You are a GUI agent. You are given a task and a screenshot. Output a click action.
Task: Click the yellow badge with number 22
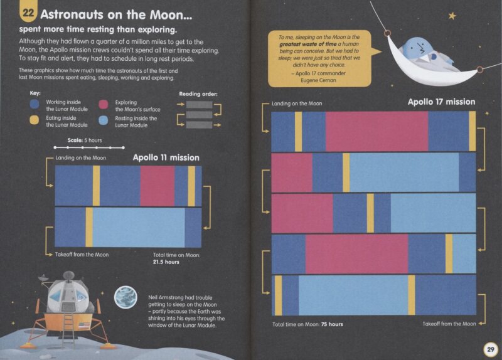click(28, 12)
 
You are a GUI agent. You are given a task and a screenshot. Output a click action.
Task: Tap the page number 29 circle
click(491, 349)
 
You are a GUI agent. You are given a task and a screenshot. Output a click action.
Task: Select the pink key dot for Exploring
click(104, 105)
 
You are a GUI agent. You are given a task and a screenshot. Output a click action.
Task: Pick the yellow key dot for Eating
click(35, 120)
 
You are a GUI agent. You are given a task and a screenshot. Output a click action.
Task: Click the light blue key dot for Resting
click(104, 120)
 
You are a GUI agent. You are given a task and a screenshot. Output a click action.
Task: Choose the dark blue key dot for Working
click(35, 104)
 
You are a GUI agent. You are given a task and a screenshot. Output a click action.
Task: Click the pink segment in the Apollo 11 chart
click(158, 186)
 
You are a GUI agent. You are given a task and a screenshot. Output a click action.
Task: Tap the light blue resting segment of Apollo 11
click(139, 228)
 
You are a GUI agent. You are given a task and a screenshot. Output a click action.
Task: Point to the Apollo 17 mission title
click(442, 102)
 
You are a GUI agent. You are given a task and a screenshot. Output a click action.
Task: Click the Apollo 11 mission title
click(166, 158)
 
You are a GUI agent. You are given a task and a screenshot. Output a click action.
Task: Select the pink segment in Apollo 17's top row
click(377, 131)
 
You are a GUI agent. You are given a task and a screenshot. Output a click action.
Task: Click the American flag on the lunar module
click(84, 326)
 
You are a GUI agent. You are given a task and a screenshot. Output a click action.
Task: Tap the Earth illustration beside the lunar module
click(126, 297)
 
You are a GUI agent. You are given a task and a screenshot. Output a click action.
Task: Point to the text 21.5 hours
click(166, 262)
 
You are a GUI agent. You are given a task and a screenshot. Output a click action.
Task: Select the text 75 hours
click(332, 324)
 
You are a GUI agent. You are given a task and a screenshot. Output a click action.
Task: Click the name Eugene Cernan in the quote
click(318, 80)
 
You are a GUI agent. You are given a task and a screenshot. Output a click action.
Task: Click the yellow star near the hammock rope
click(452, 15)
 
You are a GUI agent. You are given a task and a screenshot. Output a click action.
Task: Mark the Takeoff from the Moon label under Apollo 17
click(449, 324)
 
